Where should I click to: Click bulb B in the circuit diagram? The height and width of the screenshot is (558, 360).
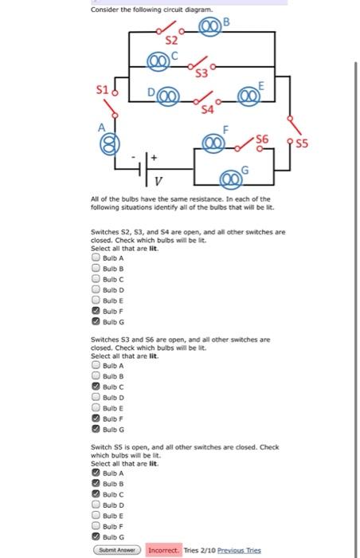coord(209,26)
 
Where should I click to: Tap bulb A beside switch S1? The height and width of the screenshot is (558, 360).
coord(110,144)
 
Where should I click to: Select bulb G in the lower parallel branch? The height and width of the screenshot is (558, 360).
coord(231,179)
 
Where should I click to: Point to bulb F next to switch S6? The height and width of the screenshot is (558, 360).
coord(213,143)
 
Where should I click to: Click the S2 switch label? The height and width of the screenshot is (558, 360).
coord(171,41)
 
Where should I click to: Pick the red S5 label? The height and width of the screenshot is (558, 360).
coord(302,143)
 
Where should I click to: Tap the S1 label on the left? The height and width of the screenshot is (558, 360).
coord(102,89)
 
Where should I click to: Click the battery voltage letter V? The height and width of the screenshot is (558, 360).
coord(158,182)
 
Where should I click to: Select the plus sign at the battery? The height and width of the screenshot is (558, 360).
coord(154,157)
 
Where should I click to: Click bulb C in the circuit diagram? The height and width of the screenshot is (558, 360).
coord(158,61)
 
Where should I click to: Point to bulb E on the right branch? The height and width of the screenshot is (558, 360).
coord(248,96)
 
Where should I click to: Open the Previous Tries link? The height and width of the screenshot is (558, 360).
coord(239,550)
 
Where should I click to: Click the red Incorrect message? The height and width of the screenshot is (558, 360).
coord(163,550)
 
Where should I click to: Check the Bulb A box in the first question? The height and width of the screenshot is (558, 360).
coord(96,257)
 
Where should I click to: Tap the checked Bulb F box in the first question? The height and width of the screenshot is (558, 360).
coord(96,311)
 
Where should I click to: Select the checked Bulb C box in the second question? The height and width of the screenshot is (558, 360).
coord(96,386)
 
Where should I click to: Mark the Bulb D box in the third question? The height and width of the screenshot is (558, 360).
coord(96,505)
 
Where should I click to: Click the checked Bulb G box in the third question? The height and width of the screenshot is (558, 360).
coord(96,536)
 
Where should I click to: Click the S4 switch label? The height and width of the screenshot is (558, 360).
coord(207,109)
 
